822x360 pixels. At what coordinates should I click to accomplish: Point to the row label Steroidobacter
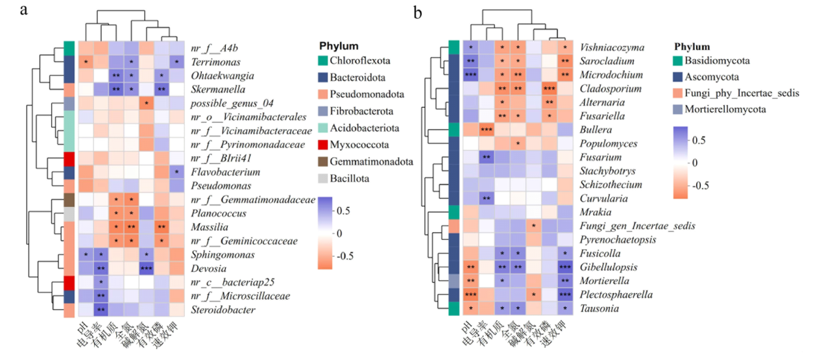223,310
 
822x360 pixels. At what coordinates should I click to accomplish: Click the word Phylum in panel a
339,46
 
